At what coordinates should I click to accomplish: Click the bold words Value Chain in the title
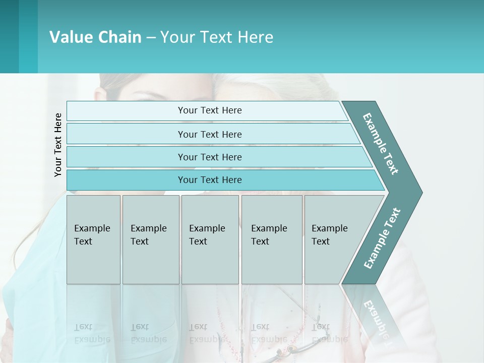point(95,37)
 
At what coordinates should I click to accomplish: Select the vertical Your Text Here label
point(58,145)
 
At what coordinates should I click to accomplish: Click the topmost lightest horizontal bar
point(209,110)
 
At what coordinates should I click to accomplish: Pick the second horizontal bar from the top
point(209,134)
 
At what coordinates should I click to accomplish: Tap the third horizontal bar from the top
point(209,157)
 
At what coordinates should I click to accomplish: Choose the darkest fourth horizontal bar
point(209,180)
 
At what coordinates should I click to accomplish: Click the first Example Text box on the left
point(93,239)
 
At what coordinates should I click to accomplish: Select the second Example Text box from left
point(151,239)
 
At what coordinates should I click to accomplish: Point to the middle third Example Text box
point(210,239)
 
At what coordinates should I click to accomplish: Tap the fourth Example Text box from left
point(272,239)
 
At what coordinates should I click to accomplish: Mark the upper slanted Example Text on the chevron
point(381,144)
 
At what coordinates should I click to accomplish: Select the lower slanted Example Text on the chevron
point(382,238)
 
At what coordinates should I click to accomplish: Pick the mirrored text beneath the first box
point(92,333)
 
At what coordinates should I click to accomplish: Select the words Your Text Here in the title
point(217,37)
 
